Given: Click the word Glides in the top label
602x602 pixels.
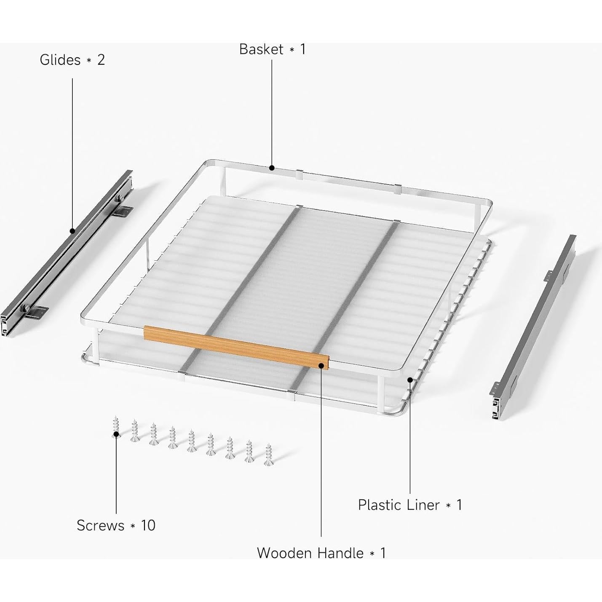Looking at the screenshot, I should [x=60, y=60].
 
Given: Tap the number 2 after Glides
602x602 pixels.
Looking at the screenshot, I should [x=101, y=60].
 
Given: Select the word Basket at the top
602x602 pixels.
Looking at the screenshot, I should [x=261, y=49].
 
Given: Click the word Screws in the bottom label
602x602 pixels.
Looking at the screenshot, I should [x=100, y=525].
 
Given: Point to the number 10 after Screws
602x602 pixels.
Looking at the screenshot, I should [x=148, y=525].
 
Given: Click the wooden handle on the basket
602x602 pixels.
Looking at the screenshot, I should [x=236, y=345].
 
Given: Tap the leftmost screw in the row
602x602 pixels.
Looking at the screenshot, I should [x=116, y=427].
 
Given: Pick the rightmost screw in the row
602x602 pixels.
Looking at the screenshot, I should [x=268, y=455].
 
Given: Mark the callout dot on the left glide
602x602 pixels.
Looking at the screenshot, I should [x=72, y=231].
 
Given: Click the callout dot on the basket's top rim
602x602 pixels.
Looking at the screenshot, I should [x=272, y=168].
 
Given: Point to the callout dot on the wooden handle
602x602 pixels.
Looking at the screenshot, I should [x=321, y=365].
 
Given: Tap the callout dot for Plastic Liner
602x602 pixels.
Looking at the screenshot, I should [x=410, y=380].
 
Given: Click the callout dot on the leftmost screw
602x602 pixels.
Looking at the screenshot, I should [x=116, y=433].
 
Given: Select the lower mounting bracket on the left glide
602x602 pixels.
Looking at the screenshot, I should [x=36, y=312].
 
